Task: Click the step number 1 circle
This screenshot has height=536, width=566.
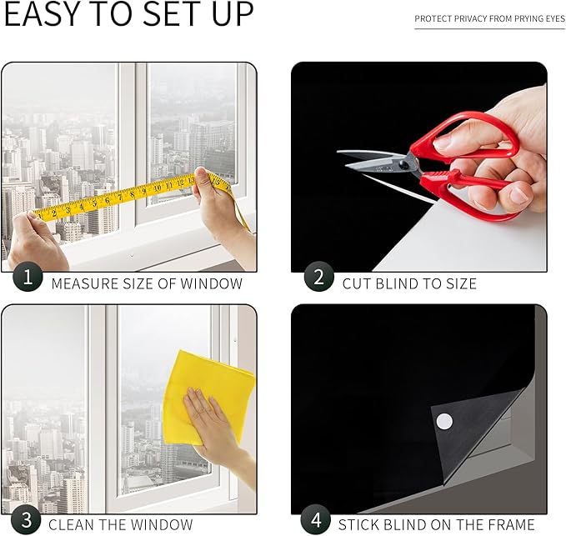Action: [x=28, y=277]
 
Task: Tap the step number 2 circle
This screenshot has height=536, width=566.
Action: [x=318, y=277]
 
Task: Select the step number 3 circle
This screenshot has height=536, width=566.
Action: [x=26, y=520]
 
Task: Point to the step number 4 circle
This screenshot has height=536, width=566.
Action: [x=316, y=520]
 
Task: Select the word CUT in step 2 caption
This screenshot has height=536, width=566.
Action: [x=357, y=283]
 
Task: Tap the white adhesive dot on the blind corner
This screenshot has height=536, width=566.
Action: [x=444, y=421]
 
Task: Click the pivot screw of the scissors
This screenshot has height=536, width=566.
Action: [x=403, y=165]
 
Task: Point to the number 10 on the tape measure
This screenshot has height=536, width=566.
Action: [x=158, y=188]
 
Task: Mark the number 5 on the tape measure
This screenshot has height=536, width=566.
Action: [x=94, y=203]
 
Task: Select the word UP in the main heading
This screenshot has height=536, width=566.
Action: [x=233, y=13]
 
